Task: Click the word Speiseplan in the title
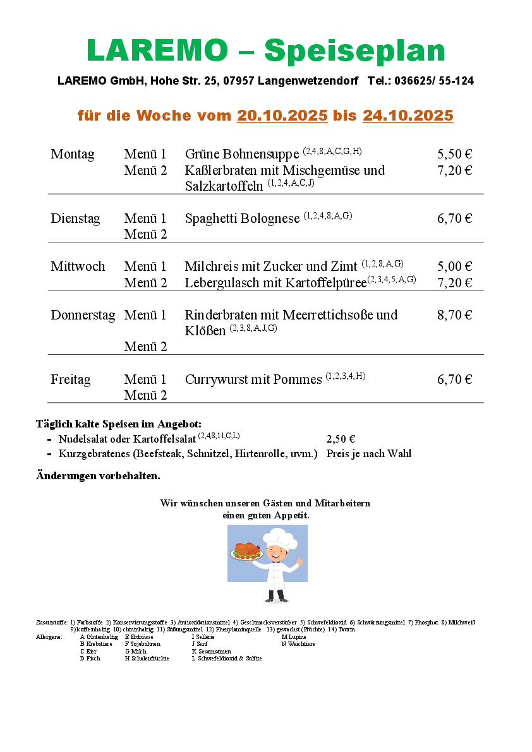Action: pyautogui.click(x=354, y=51)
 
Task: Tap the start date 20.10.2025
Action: pyautogui.click(x=282, y=116)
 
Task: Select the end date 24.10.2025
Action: pyautogui.click(x=408, y=116)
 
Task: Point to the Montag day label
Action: pyautogui.click(x=73, y=155)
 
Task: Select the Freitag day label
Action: pyautogui.click(x=71, y=380)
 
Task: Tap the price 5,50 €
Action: pyautogui.click(x=454, y=155)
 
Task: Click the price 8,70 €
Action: pyautogui.click(x=454, y=315)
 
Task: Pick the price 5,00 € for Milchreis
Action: pyautogui.click(x=454, y=266)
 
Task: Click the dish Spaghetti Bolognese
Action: pyautogui.click(x=242, y=219)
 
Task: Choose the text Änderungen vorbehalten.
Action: pyautogui.click(x=98, y=475)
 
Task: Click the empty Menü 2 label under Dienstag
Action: pyautogui.click(x=145, y=235)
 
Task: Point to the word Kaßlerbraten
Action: pyautogui.click(x=223, y=170)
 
